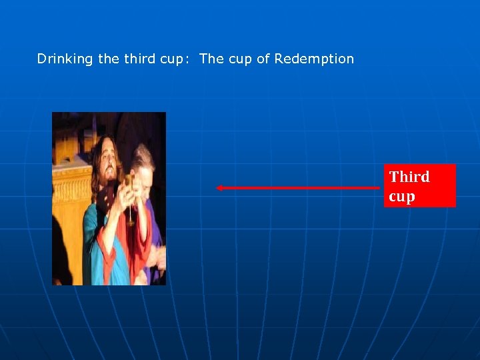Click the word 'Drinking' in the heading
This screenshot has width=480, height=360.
pyautogui.click(x=65, y=59)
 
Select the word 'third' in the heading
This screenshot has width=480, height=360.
pyautogui.click(x=139, y=59)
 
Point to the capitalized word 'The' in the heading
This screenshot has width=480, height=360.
pyautogui.click(x=211, y=59)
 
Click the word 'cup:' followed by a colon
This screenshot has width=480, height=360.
pyautogui.click(x=175, y=59)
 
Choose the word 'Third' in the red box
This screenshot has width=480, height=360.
pyautogui.click(x=409, y=177)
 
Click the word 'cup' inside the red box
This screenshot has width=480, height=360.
pyautogui.click(x=402, y=197)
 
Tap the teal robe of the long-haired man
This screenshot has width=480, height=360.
pyautogui.click(x=93, y=240)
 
